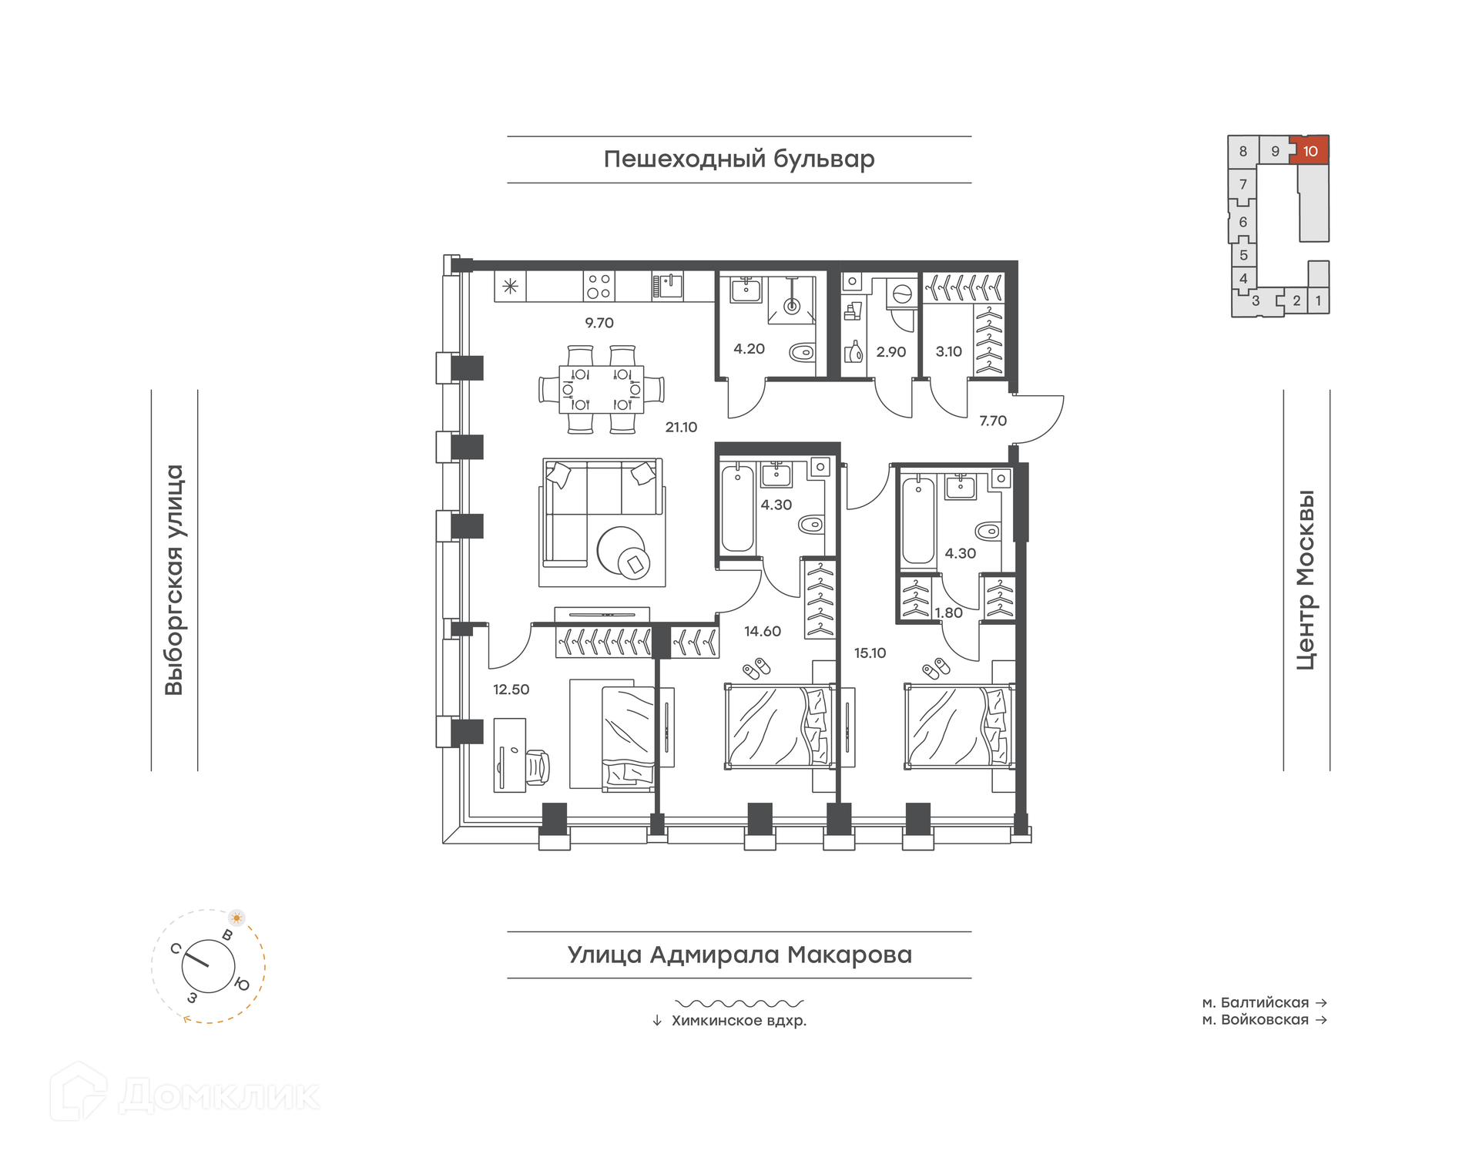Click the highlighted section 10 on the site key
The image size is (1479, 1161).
coord(1310,150)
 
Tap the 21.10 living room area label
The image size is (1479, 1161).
coord(681,427)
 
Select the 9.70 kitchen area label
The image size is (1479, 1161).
coord(599,323)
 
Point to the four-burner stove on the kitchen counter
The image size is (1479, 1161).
coord(599,286)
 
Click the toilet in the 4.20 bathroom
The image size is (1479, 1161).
coord(803,354)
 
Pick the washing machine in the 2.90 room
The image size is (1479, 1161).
coord(901,294)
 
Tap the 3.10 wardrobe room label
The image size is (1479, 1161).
coord(948,351)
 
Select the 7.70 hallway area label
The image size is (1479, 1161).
coord(993,421)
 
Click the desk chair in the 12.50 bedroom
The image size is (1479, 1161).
coord(538,767)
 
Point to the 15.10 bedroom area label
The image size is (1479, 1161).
coord(870,653)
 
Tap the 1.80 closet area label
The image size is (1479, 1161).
coord(948,613)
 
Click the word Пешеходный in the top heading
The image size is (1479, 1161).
coord(685,159)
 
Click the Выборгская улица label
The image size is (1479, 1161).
coord(174,580)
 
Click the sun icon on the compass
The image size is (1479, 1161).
coord(236,918)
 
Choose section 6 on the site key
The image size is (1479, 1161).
coord(1243,222)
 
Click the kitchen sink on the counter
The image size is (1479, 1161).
coord(667,286)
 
